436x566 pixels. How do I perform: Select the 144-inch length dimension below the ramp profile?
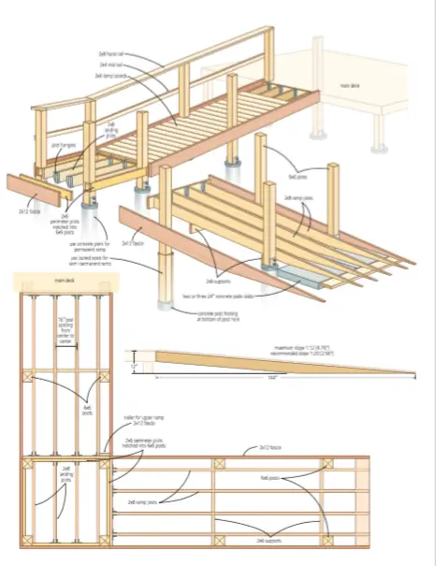272,378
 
